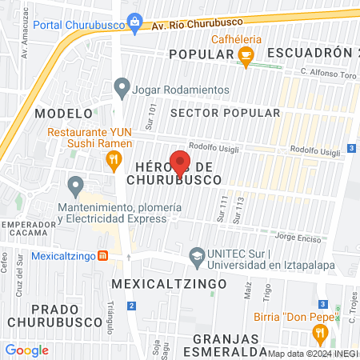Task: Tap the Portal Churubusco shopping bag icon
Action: tap(134, 21)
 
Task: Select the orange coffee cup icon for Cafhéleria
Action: tap(246, 55)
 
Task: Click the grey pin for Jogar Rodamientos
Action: tap(122, 86)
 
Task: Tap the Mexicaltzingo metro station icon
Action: tap(102, 256)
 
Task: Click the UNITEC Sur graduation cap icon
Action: tap(196, 256)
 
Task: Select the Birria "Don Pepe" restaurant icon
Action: tap(321, 333)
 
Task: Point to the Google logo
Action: tap(26, 350)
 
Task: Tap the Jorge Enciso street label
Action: tap(297, 237)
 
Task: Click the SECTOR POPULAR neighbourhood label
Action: tap(225, 113)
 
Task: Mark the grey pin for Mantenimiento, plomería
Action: tap(76, 186)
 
